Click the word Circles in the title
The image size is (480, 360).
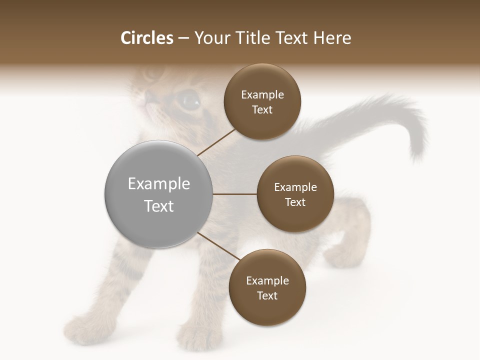tap(147, 38)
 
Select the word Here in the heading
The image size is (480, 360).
tap(332, 38)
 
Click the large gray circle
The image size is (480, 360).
tap(158, 194)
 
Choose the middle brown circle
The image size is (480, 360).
tap(295, 194)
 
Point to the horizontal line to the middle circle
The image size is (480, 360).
tap(235, 194)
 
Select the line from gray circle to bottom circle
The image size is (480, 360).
tap(218, 246)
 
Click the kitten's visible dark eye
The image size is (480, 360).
tap(189, 100)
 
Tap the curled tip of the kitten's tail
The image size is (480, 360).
tap(417, 150)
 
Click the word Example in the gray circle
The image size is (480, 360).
tap(158, 184)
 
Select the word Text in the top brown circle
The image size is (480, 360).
tap(262, 110)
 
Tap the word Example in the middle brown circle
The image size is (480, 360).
tap(295, 187)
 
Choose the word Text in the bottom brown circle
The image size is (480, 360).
tap(267, 295)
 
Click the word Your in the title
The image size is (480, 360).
tap(212, 38)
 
